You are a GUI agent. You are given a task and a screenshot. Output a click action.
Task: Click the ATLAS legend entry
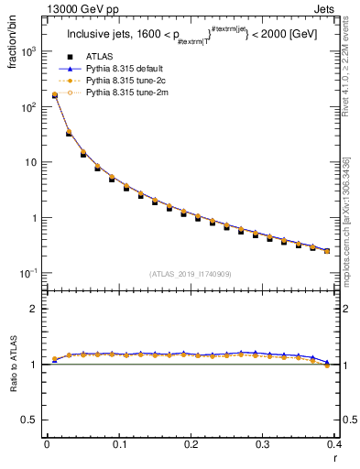point(99,56)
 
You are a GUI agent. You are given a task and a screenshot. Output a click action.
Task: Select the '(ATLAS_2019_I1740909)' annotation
point(190,273)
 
